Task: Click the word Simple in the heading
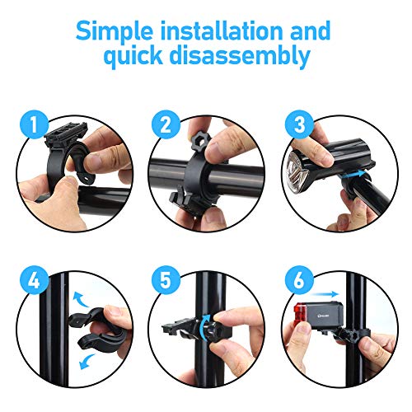pos(115,31)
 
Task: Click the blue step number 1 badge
pos(34,124)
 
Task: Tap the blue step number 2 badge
pos(166,124)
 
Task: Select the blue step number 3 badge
pos(299,124)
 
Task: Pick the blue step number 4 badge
pos(34,280)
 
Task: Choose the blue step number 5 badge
pos(166,280)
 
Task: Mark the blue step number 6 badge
pos(299,280)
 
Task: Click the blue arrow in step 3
pos(353,176)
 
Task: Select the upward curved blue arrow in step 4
pos(81,299)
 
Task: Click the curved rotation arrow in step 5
pos(204,326)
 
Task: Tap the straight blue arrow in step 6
pos(325,294)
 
